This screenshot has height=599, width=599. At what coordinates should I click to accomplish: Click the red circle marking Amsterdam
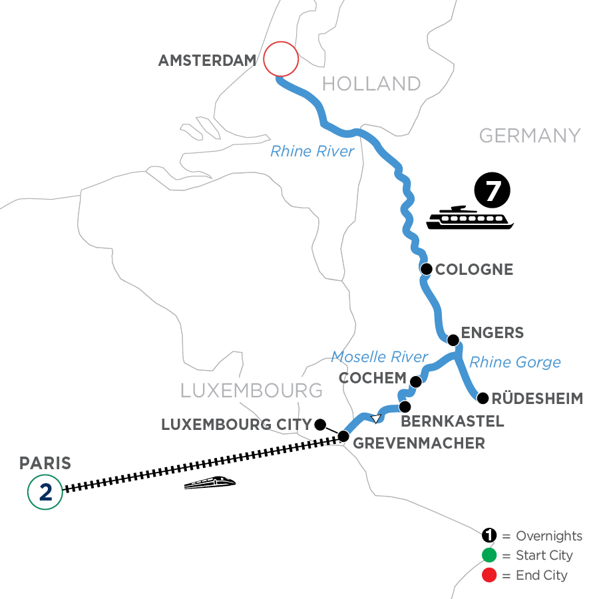[x=280, y=61]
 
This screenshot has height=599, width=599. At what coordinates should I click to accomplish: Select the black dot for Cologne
[x=426, y=270]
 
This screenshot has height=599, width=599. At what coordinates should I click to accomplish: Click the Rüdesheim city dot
[x=482, y=399]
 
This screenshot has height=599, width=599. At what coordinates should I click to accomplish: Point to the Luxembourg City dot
[x=320, y=424]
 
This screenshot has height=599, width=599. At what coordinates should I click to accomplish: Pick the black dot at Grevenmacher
[x=343, y=437]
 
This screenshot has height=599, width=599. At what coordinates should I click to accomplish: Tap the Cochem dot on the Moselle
[x=416, y=381]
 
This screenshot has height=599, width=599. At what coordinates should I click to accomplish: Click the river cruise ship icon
[x=470, y=218]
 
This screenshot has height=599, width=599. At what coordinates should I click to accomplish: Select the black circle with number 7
[x=492, y=191]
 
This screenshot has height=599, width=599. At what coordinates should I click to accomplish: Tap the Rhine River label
[x=312, y=151]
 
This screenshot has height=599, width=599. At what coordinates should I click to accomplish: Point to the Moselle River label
[x=379, y=357]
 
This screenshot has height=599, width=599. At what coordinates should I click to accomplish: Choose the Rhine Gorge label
[x=515, y=362]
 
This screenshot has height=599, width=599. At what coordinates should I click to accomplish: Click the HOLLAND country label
[x=371, y=83]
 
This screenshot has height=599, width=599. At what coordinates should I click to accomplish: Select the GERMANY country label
[x=530, y=136]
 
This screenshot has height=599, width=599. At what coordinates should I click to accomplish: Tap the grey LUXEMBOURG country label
[x=252, y=390]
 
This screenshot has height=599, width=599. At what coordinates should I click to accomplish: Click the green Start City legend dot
[x=490, y=555]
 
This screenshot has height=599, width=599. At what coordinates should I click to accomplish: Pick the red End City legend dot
[x=490, y=574]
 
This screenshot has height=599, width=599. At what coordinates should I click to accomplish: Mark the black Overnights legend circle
[x=490, y=536]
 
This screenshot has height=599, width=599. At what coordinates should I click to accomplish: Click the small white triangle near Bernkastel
[x=376, y=419]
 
